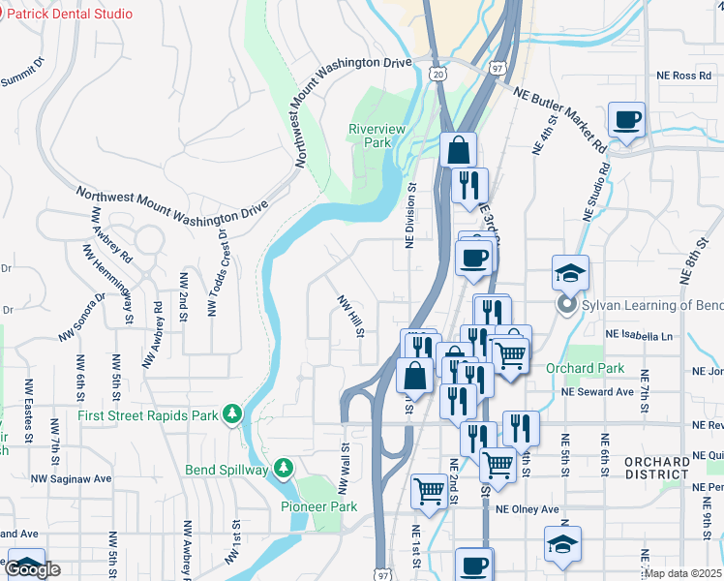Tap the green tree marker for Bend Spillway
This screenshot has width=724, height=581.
tap(283, 470)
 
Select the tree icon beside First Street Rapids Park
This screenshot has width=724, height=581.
tap(231, 414)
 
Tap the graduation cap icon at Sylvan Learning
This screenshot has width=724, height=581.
tap(571, 273)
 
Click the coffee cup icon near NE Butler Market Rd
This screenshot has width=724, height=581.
tap(627, 120)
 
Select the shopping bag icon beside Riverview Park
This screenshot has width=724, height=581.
tap(458, 150)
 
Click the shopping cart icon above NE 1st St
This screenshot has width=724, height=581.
tap(428, 490)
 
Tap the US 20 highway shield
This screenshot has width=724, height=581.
tap(438, 74)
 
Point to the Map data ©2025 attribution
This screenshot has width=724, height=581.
tap(683, 573)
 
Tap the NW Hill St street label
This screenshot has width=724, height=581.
tap(349, 316)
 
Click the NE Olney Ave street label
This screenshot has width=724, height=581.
tap(528, 509)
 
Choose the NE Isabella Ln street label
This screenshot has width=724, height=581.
tap(638, 335)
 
